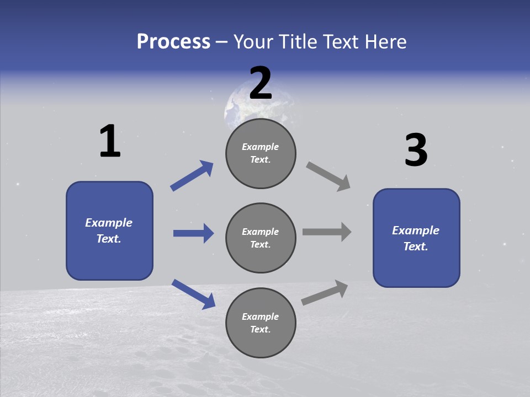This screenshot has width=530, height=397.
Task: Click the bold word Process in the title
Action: (173, 42)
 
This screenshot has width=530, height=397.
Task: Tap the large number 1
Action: (110, 142)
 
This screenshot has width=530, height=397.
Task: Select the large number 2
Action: (261, 83)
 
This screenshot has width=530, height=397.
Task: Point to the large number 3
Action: (416, 151)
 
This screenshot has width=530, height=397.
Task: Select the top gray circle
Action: (261, 153)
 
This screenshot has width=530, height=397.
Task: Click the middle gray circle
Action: (261, 238)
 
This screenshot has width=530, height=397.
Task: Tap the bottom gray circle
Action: (261, 323)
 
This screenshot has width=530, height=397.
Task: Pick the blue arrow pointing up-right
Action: (192, 176)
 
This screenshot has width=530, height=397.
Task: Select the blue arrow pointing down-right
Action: (193, 294)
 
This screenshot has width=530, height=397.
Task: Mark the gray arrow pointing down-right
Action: (328, 176)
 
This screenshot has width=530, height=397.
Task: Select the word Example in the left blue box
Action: (109, 223)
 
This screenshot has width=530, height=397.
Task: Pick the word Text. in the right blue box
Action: (416, 246)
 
